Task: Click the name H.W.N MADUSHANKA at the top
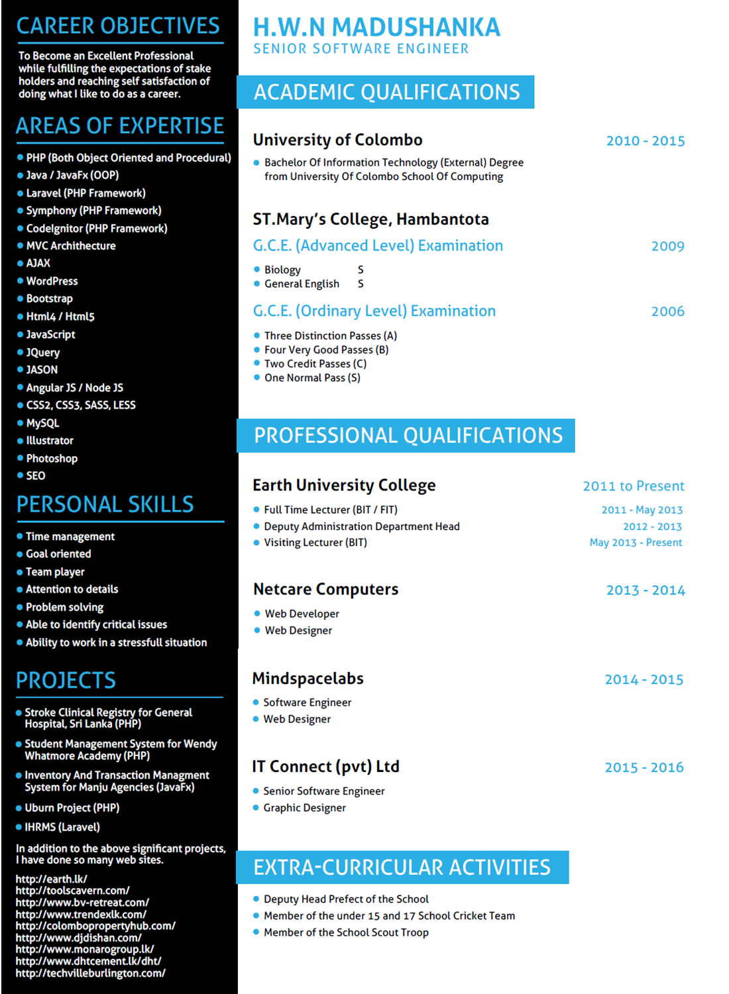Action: click(x=376, y=27)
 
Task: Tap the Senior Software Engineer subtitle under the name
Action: click(x=361, y=49)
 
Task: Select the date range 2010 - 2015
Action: click(x=645, y=140)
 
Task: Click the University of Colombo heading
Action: click(x=337, y=140)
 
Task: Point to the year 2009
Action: click(x=667, y=246)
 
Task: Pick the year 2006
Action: click(x=667, y=311)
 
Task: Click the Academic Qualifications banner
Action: click(x=386, y=92)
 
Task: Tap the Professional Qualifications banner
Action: click(x=407, y=435)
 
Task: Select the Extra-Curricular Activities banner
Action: click(x=402, y=867)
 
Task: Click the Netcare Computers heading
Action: click(x=325, y=589)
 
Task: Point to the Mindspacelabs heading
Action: click(x=308, y=679)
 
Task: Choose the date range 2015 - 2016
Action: click(x=644, y=767)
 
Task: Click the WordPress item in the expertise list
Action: click(x=52, y=281)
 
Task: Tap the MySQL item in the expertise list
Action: click(x=42, y=423)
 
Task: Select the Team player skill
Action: click(x=55, y=572)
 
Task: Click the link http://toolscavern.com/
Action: click(x=72, y=891)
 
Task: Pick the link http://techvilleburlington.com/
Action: click(x=90, y=973)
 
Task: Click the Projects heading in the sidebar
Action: click(x=66, y=681)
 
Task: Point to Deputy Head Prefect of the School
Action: click(x=346, y=899)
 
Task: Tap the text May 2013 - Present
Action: click(x=635, y=542)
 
